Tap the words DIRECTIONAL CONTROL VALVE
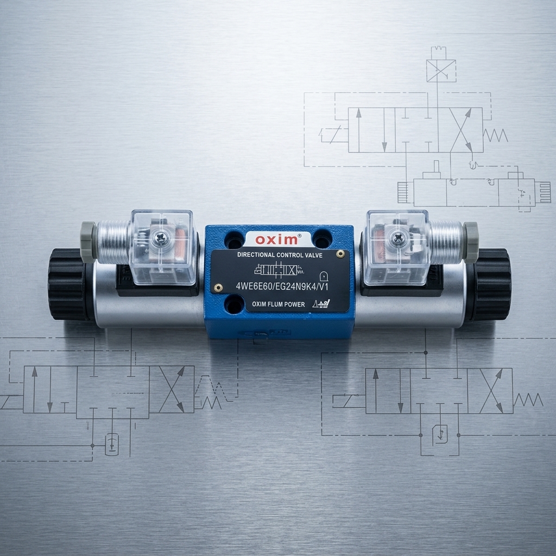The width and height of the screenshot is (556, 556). tap(280, 255)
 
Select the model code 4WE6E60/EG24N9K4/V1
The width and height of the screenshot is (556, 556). tap(282, 286)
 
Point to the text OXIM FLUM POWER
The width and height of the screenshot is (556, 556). tap(279, 304)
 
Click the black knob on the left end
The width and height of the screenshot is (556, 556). tap(68, 285)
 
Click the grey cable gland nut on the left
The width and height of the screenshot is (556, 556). tap(88, 242)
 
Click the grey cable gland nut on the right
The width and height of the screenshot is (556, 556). tap(471, 242)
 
